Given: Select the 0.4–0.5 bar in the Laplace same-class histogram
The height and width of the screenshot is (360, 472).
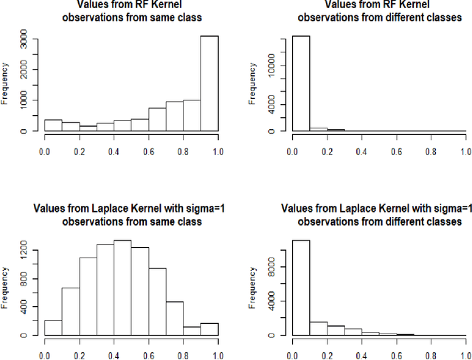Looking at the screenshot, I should coord(122,288).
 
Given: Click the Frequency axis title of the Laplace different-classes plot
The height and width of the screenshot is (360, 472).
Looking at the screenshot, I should coord(253,288).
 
